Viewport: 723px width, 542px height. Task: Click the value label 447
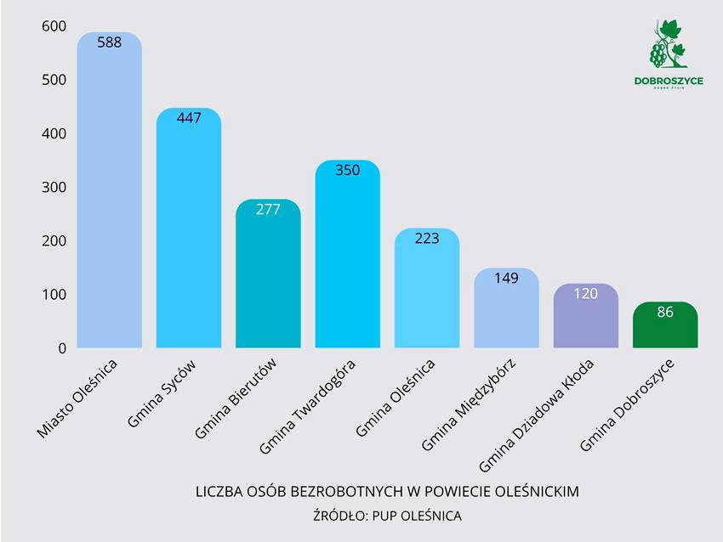[189, 118]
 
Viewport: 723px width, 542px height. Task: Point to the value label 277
[268, 209]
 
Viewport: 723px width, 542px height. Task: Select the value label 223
[427, 239]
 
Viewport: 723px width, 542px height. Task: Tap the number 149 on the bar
[506, 278]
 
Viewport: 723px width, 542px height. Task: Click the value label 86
[665, 312]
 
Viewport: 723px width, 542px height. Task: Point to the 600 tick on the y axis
[53, 26]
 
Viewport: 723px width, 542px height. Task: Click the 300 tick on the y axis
[53, 188]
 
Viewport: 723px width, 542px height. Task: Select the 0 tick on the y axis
[61, 348]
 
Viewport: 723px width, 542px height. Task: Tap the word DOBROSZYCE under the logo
[669, 82]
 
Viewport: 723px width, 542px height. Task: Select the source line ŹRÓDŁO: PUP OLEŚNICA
[388, 516]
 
